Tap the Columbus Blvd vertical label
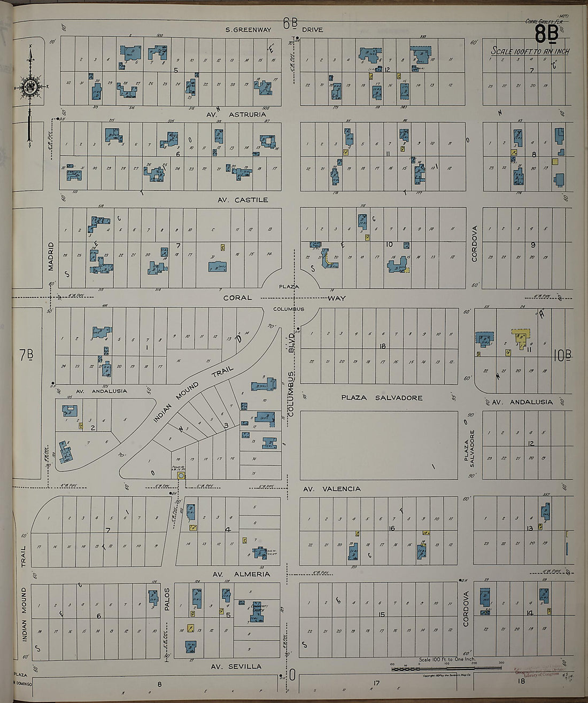(292, 374)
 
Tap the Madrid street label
(52, 256)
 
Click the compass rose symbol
(30, 85)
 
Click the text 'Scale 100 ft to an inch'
(530, 51)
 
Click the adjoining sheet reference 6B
(290, 23)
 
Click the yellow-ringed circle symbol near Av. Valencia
(181, 475)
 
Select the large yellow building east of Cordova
(521, 338)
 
